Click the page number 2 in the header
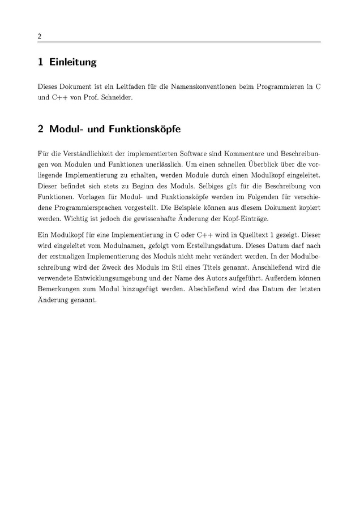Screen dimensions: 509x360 tap(40, 36)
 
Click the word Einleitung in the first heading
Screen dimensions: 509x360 tap(73, 62)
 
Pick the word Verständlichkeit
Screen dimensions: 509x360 tap(80, 154)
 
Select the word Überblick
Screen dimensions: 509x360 tap(265, 164)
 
